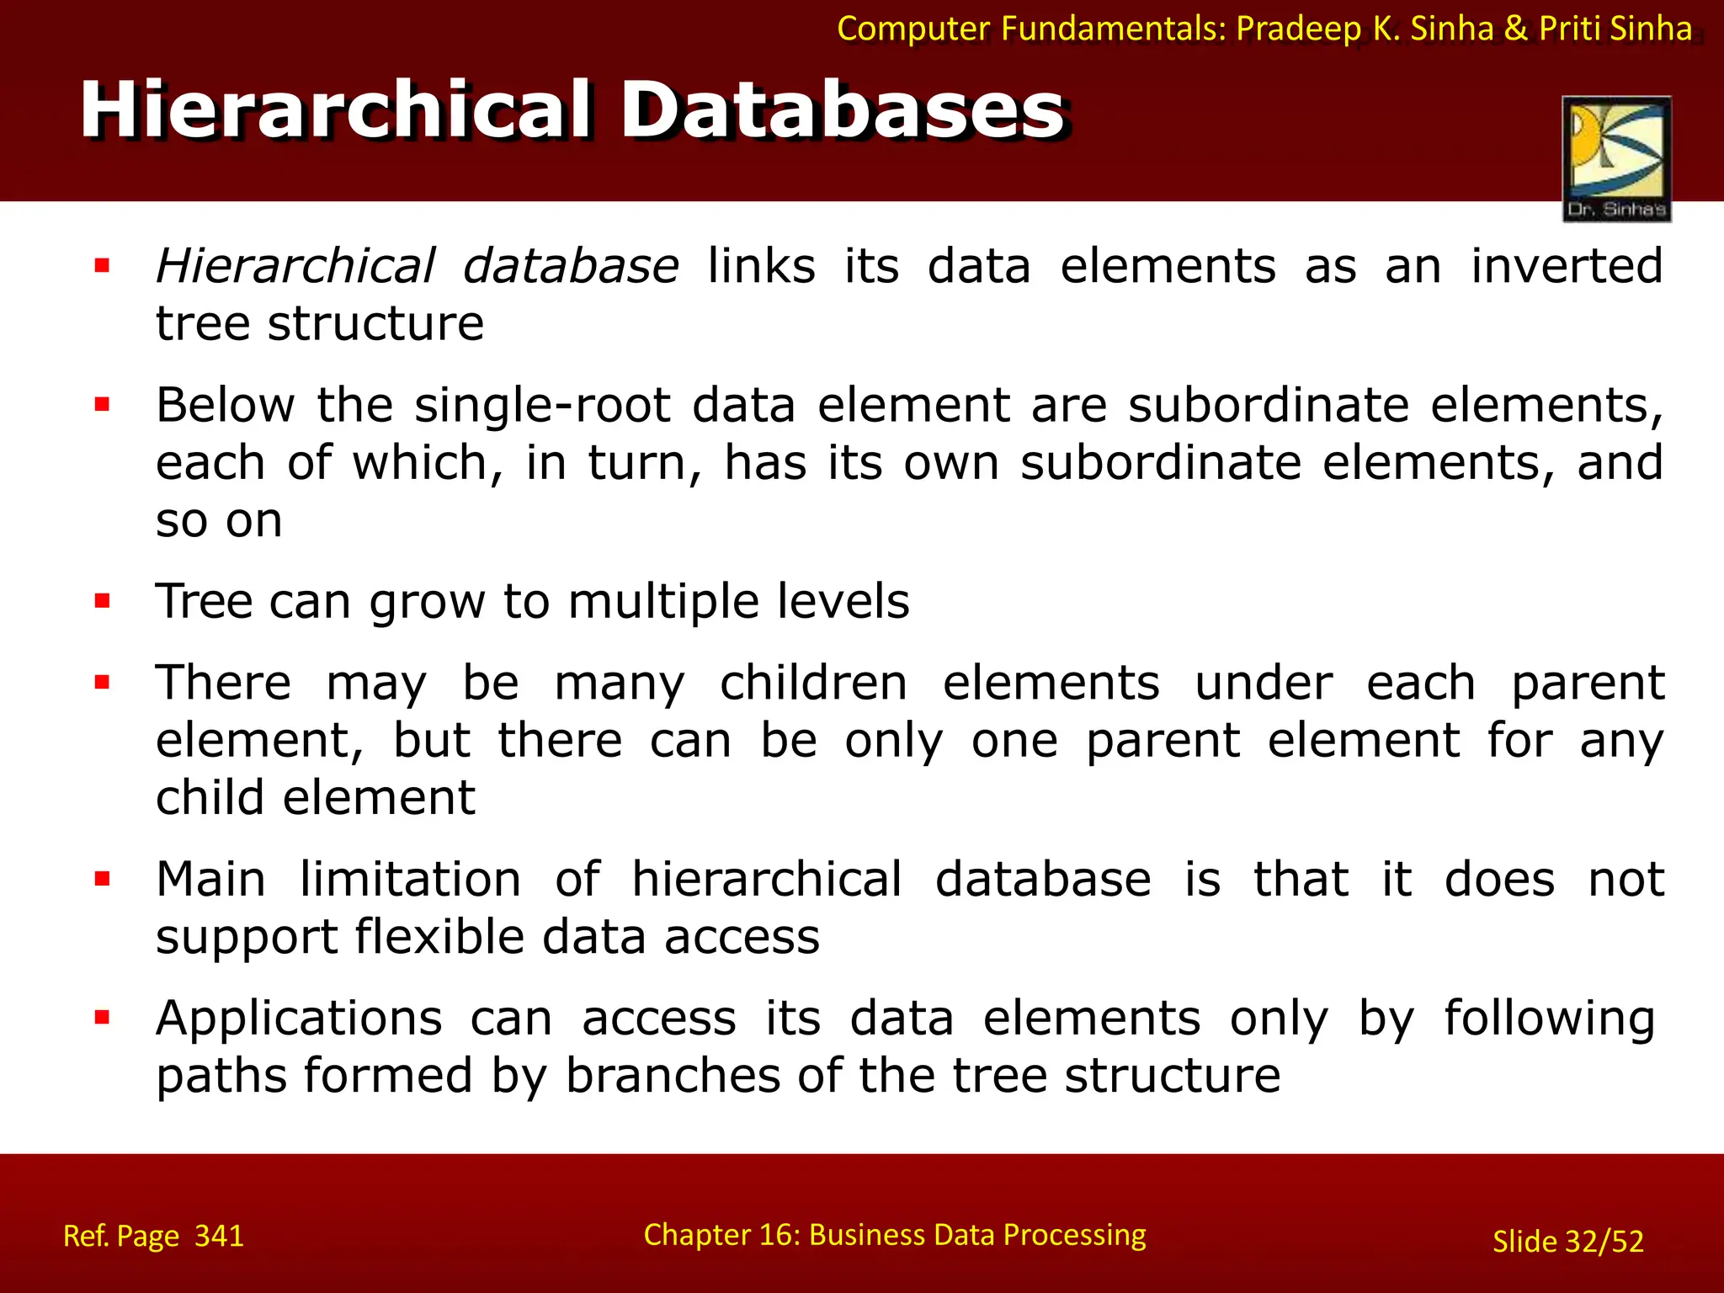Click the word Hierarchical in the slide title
(x=336, y=111)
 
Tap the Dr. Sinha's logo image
(x=1616, y=158)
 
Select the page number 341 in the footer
(x=219, y=1236)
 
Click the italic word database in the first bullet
(x=570, y=266)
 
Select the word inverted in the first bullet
(x=1567, y=266)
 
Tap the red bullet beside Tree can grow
(x=103, y=601)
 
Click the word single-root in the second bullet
(x=542, y=405)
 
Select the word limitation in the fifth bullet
(x=410, y=879)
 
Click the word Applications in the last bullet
(x=299, y=1018)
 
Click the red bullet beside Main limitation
(x=103, y=880)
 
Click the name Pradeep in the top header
(x=1298, y=29)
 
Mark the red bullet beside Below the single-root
(x=103, y=405)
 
